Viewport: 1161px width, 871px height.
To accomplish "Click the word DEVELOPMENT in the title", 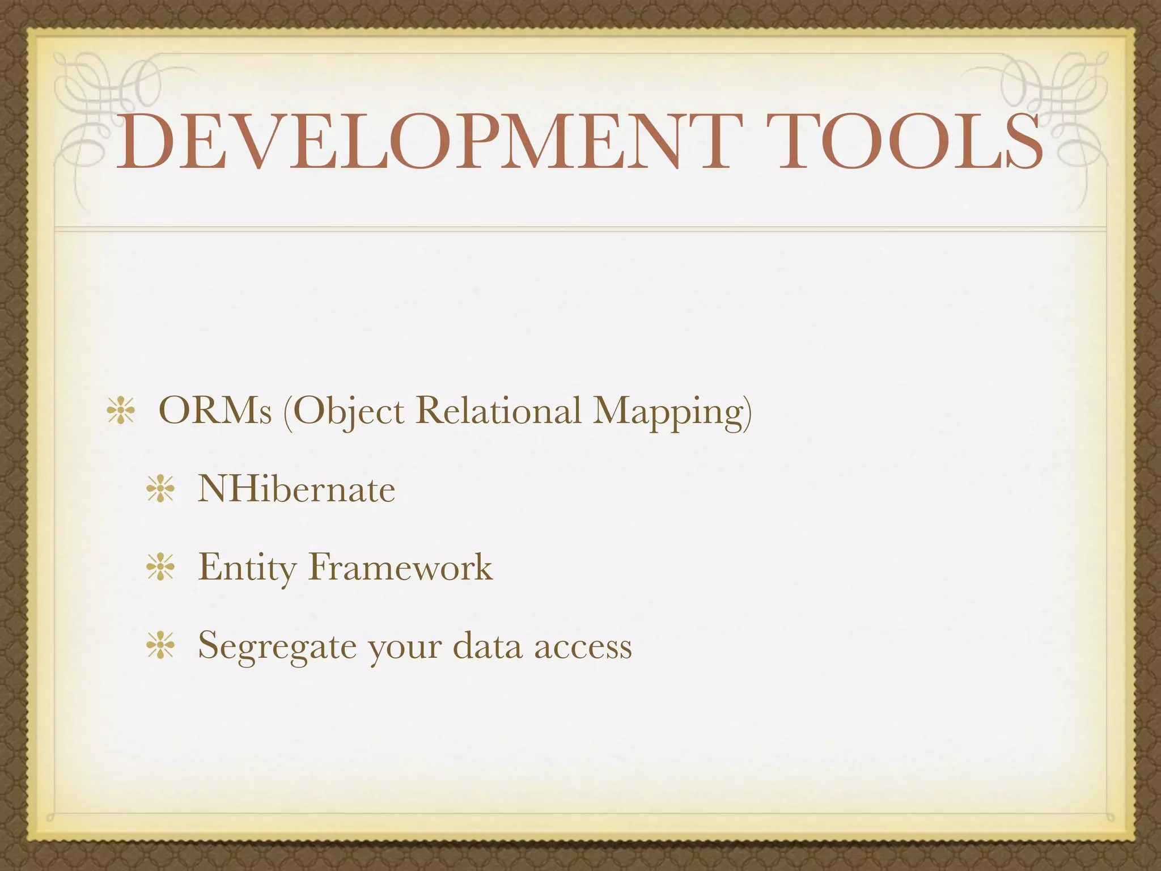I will [x=423, y=142].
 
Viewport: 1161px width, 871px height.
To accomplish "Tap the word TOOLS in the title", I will [x=909, y=142].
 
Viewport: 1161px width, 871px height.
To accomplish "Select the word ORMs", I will [x=215, y=411].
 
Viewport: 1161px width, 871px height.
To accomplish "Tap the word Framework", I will [x=400, y=566].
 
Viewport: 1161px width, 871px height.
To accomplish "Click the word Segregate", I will [x=277, y=646].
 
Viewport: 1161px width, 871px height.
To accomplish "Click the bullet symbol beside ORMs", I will [x=120, y=412].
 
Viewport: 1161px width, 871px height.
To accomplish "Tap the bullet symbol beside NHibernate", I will [x=160, y=489].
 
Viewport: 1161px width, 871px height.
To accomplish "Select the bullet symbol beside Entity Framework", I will [x=160, y=568].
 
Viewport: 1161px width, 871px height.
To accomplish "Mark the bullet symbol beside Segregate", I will [x=160, y=646].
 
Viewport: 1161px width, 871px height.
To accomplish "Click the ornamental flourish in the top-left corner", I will [x=108, y=108].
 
